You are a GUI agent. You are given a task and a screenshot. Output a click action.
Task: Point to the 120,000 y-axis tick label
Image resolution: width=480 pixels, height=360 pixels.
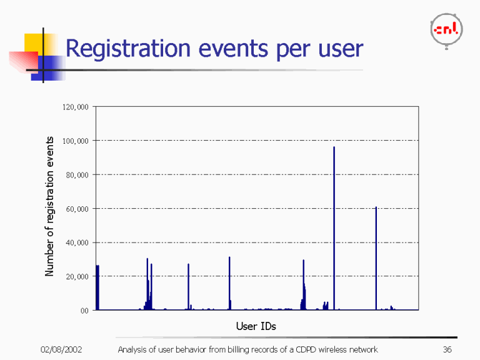point(76,107)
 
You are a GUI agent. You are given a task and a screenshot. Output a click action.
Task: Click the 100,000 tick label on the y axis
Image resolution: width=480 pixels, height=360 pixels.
point(76,141)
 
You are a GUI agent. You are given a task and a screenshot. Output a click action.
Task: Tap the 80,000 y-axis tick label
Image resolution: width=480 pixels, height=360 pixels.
point(77,174)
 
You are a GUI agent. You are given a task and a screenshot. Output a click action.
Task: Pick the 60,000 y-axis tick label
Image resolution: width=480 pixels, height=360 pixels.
point(77,208)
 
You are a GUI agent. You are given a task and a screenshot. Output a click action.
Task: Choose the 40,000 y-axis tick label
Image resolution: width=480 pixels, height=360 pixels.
point(77,242)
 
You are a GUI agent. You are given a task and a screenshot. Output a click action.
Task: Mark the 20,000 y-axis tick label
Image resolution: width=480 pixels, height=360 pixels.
point(77,276)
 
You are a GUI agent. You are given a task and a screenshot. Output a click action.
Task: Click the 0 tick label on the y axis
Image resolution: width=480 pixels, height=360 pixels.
point(85,310)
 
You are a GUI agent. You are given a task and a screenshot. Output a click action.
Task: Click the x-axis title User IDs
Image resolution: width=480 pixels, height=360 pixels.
point(256,326)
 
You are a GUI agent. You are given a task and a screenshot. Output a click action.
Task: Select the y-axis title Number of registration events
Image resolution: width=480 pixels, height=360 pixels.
point(49,206)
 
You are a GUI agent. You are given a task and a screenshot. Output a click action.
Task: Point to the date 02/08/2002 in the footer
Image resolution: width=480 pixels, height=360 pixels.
point(61,349)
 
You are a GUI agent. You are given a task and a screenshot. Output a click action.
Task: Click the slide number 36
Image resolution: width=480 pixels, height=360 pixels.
point(446,349)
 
